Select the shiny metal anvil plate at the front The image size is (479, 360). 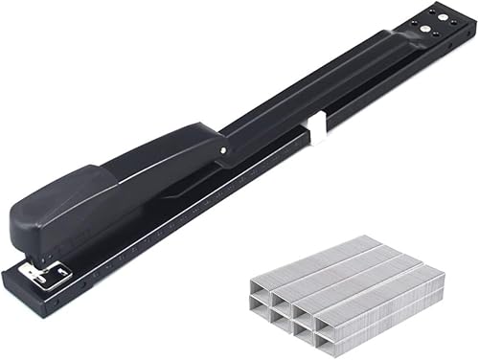pos(50,275)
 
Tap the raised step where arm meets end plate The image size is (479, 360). pos(393,40)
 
